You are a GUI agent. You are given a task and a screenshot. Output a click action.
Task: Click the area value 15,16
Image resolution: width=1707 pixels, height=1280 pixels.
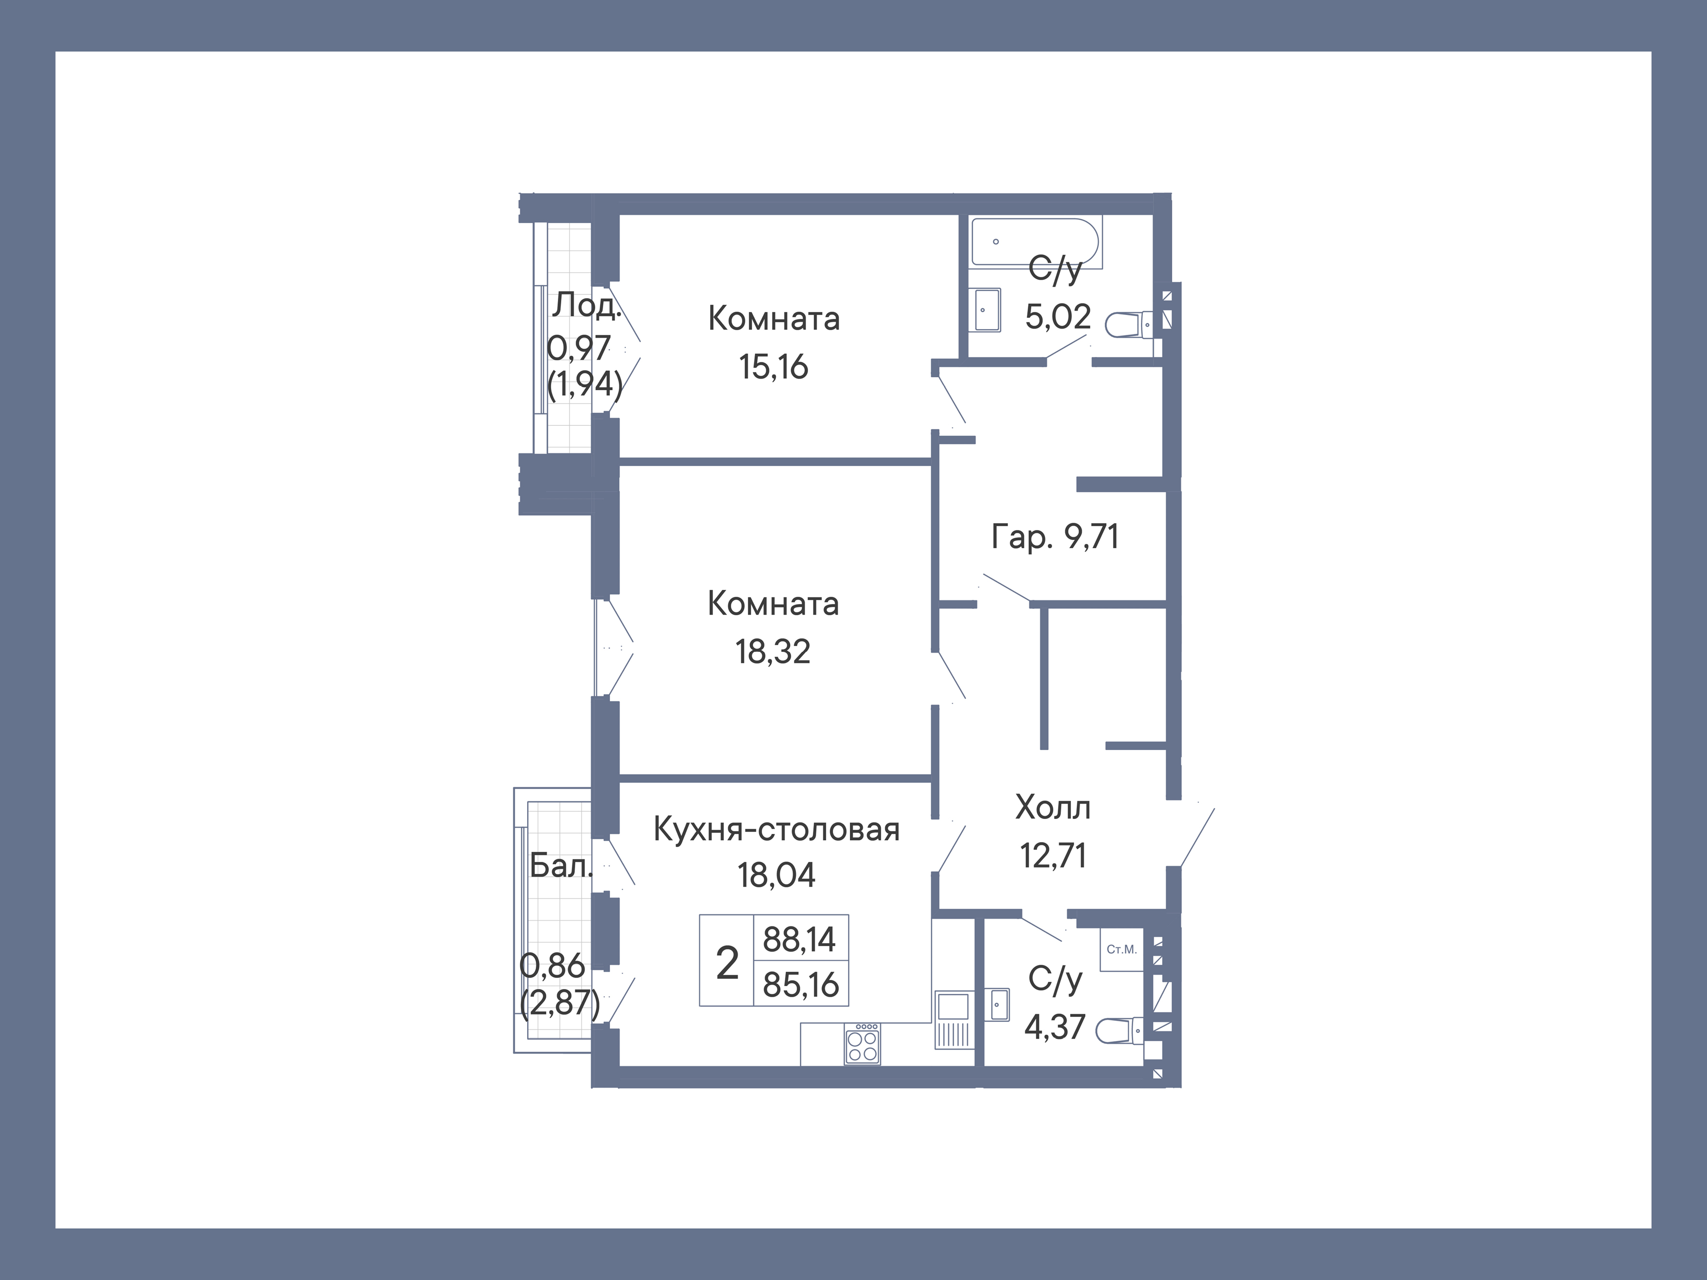pos(773,367)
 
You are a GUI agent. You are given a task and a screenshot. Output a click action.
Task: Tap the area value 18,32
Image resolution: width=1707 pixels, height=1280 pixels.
pos(772,652)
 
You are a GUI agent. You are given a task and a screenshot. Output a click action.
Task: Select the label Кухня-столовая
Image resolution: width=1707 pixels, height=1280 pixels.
pos(776,830)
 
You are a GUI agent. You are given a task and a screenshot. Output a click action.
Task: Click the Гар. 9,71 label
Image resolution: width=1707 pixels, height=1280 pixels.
pos(1054,536)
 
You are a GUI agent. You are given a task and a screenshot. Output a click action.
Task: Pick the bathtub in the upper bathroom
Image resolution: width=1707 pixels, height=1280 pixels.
pos(1034,241)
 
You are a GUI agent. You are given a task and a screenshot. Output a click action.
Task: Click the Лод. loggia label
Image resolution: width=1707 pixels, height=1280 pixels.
pos(585,305)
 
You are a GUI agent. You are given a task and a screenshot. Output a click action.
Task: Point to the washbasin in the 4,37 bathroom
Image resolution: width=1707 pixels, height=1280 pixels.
pos(999,1004)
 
